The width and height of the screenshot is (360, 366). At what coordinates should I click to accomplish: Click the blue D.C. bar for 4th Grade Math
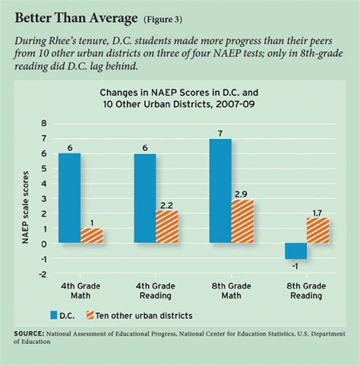[x=69, y=198]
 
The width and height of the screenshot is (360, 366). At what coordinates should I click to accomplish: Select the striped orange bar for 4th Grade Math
[x=91, y=235]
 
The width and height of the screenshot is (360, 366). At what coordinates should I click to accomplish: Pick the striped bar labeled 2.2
[x=167, y=226]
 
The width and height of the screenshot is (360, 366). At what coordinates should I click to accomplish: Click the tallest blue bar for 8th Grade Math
[x=220, y=191]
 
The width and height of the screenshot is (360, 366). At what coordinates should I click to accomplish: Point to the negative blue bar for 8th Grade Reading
[x=295, y=251]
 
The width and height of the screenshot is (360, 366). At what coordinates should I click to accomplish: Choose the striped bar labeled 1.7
[x=317, y=230]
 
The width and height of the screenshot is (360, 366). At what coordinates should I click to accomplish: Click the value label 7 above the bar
[x=220, y=132]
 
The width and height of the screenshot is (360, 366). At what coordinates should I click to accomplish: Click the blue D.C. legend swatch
[x=54, y=314]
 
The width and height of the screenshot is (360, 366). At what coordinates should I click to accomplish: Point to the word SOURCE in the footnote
[x=30, y=333]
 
